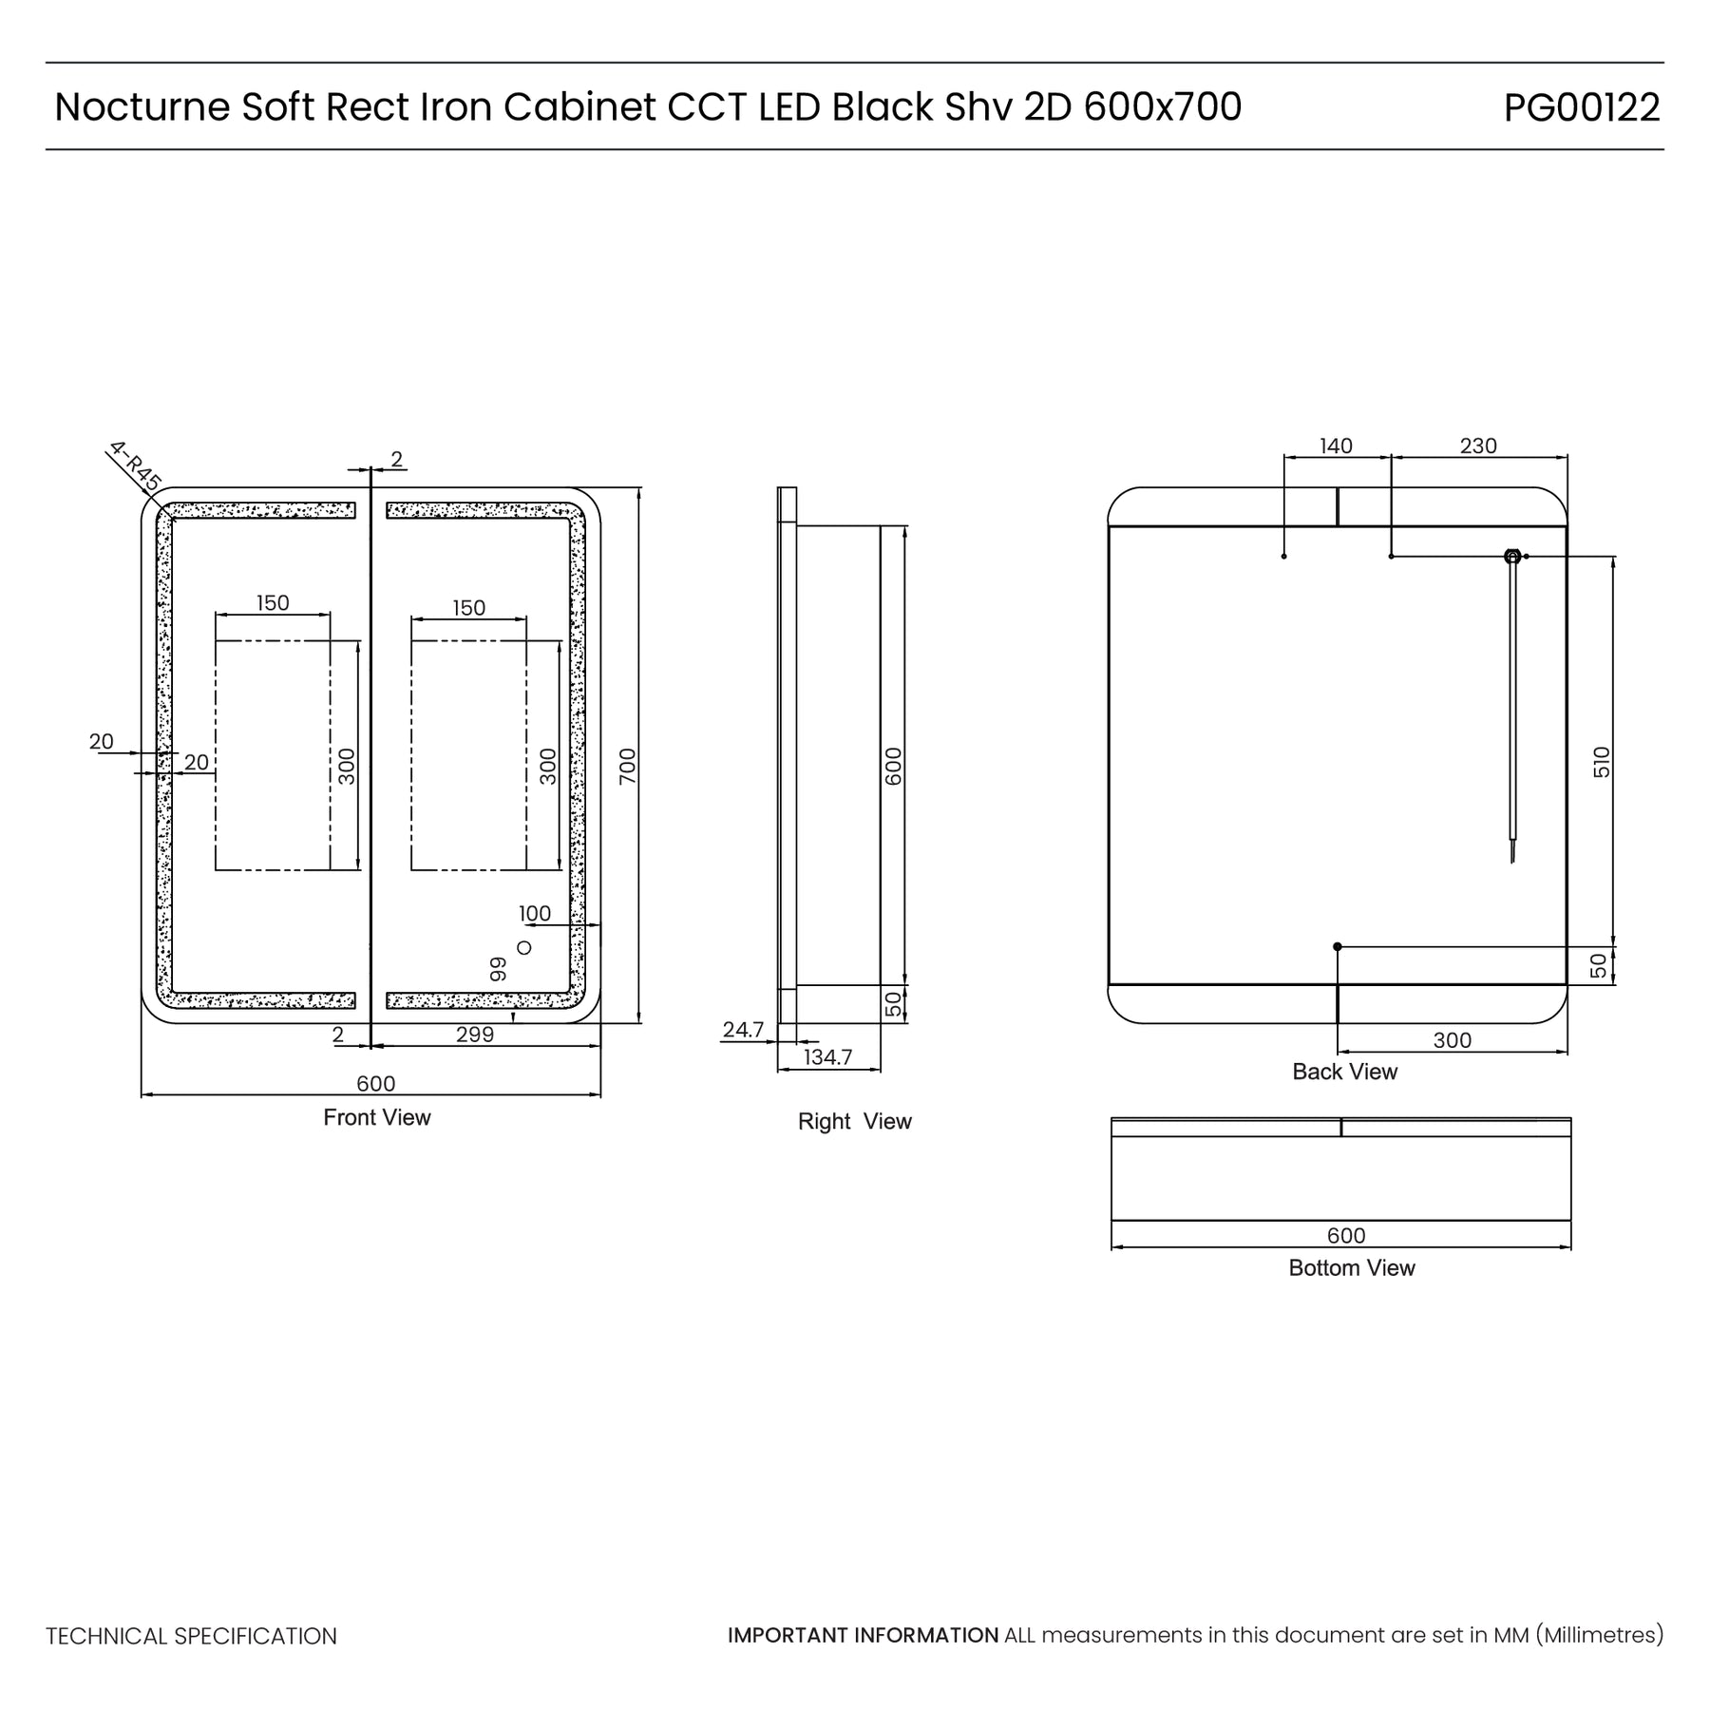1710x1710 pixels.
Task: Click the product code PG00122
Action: click(x=1581, y=107)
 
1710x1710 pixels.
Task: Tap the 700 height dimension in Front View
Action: click(x=628, y=766)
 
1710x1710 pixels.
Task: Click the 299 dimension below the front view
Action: click(x=474, y=1035)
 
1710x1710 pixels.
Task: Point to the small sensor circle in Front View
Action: click(x=523, y=947)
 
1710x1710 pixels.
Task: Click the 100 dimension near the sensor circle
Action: click(x=535, y=913)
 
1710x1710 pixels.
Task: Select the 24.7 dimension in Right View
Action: click(x=743, y=1029)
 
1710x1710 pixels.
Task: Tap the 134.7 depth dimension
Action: click(x=827, y=1056)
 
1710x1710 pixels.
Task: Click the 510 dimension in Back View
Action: click(x=1602, y=762)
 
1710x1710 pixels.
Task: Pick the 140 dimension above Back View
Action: click(x=1336, y=446)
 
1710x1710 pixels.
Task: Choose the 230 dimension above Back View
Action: click(x=1478, y=446)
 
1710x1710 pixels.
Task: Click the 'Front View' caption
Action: click(x=377, y=1117)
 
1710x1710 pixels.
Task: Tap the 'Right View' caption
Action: click(x=854, y=1121)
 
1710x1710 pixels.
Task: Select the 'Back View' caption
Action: click(x=1344, y=1072)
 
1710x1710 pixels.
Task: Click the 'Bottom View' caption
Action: click(x=1351, y=1267)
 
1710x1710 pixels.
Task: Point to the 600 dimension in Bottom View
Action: click(x=1346, y=1235)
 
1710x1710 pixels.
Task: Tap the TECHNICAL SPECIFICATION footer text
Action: click(x=191, y=1636)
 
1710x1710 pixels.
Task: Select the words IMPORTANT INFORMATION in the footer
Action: click(x=863, y=1635)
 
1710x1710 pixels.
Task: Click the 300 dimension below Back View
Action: click(x=1452, y=1040)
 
